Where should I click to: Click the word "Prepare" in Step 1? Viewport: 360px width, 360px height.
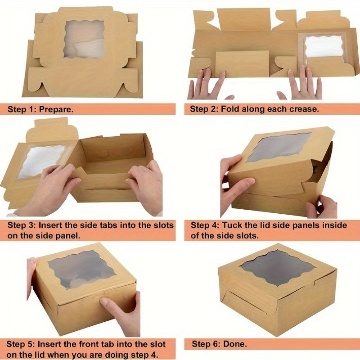[x=57, y=109]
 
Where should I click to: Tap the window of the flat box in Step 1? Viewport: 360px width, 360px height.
[x=84, y=39]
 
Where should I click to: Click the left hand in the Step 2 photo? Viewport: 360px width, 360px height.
[x=207, y=85]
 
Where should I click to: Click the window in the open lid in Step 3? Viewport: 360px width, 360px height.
[x=42, y=160]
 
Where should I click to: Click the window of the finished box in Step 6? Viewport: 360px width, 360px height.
[x=277, y=267]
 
